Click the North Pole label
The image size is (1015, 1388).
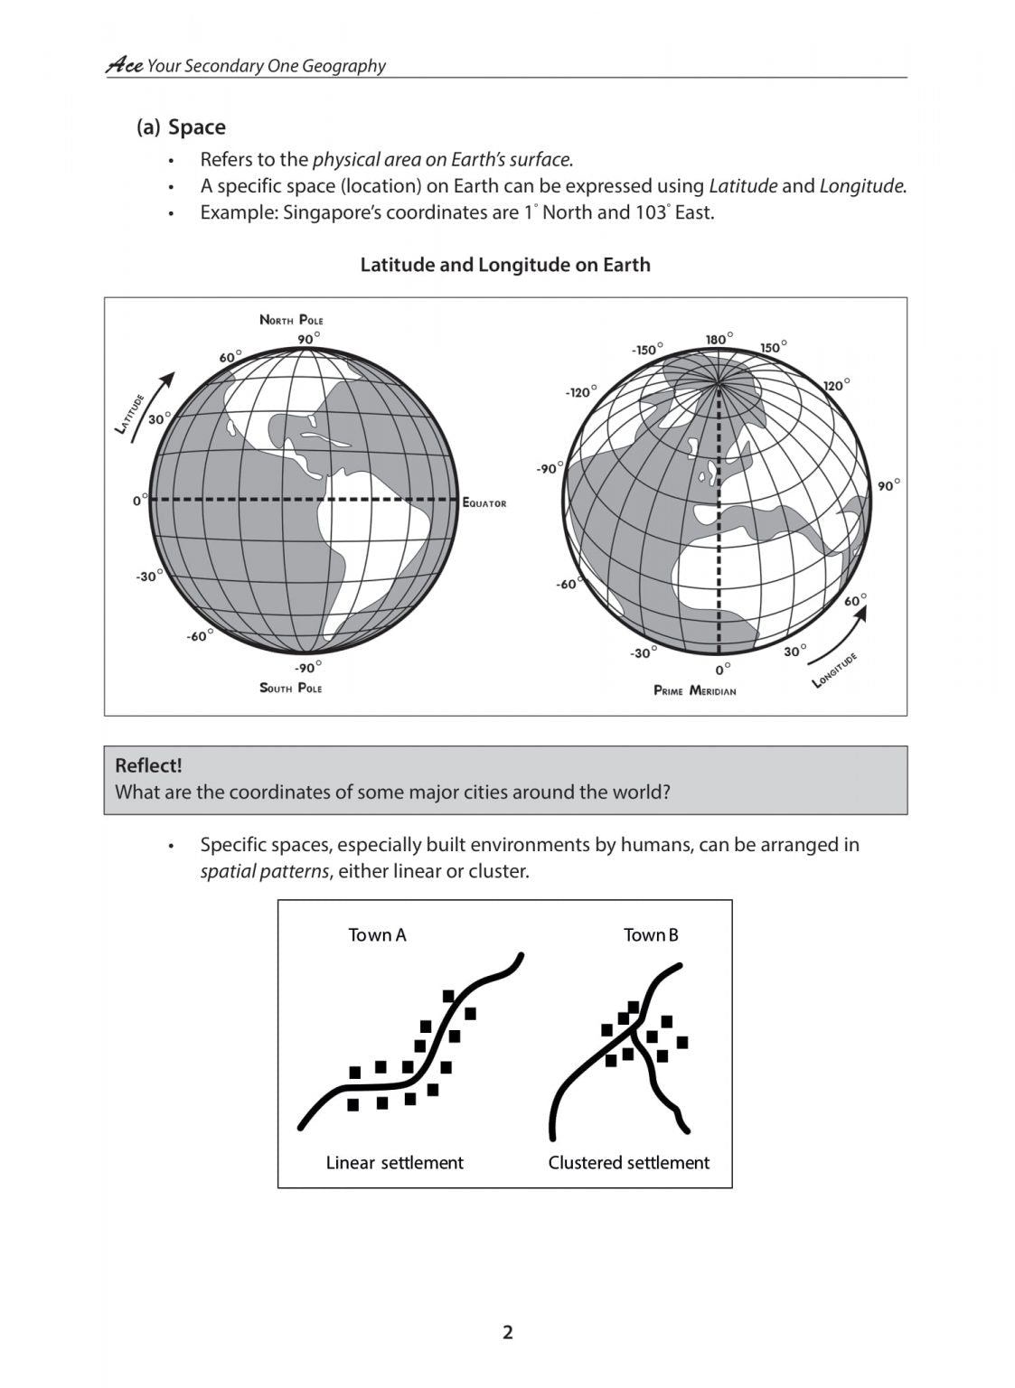click(291, 320)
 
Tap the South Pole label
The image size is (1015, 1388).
click(290, 688)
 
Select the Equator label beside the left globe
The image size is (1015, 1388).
click(484, 503)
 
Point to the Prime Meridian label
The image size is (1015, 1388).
click(694, 690)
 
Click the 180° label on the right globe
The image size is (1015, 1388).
click(719, 339)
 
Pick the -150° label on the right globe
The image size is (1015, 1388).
click(647, 350)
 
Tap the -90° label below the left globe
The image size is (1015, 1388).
click(307, 668)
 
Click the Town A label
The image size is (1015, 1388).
click(377, 935)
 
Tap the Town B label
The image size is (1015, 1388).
click(651, 935)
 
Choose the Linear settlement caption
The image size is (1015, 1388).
click(394, 1163)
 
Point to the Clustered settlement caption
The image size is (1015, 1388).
click(628, 1163)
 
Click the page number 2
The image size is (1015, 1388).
click(507, 1332)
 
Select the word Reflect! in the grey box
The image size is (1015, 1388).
click(148, 765)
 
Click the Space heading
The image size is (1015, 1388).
click(196, 127)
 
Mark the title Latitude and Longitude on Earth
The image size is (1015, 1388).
click(505, 265)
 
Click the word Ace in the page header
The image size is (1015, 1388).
click(124, 65)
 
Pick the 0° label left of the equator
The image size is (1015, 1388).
click(139, 500)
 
